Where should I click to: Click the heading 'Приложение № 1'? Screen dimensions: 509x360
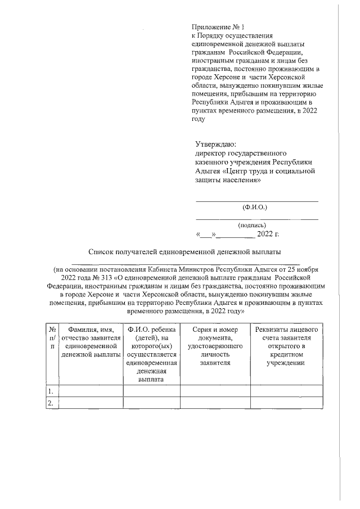coord(215,26)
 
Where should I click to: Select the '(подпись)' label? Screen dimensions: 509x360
coord(256,225)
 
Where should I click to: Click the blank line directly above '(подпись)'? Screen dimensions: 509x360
coord(256,218)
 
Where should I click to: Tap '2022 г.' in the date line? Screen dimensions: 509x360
coord(268,234)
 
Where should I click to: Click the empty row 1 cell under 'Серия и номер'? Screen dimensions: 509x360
coord(215,391)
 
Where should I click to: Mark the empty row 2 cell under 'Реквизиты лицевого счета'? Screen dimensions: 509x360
coord(287,403)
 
